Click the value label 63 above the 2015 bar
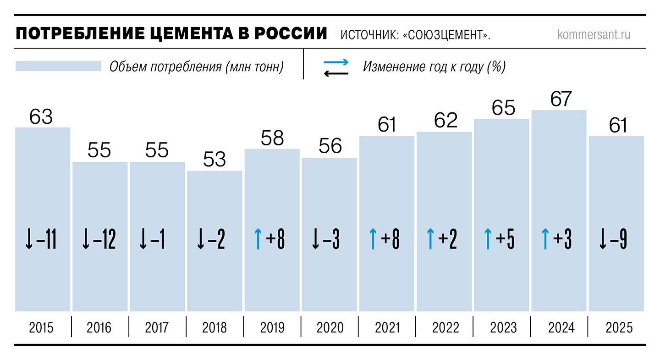[41, 116]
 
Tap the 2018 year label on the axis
[214, 327]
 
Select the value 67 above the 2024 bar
[561, 100]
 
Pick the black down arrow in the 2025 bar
[602, 239]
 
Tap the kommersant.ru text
[594, 35]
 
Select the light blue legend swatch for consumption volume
[58, 66]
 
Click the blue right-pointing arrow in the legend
[336, 62]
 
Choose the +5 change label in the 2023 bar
[506, 239]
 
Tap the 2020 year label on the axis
[330, 327]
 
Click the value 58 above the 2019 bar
[272, 138]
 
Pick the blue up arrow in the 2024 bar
[545, 239]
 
